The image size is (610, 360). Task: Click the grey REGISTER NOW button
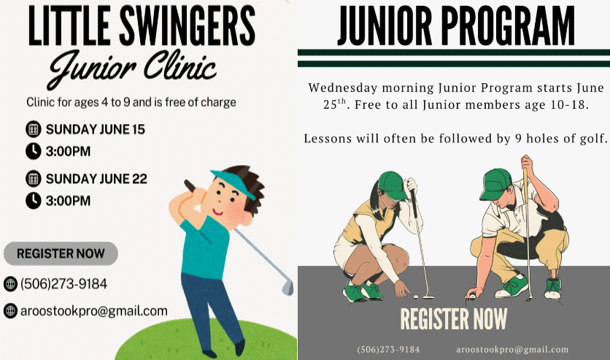[61, 253]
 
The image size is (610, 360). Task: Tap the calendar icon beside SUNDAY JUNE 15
[34, 129]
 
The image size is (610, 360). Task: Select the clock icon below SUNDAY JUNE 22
[34, 200]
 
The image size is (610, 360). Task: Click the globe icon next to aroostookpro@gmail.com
[10, 310]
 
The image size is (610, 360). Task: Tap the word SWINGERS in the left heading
[187, 26]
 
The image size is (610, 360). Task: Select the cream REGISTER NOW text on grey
[454, 319]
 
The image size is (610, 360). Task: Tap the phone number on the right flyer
[388, 350]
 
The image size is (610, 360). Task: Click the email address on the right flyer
[512, 350]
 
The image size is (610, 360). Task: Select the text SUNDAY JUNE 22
[96, 179]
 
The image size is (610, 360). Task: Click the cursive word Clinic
[179, 66]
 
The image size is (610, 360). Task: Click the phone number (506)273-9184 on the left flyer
[63, 284]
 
